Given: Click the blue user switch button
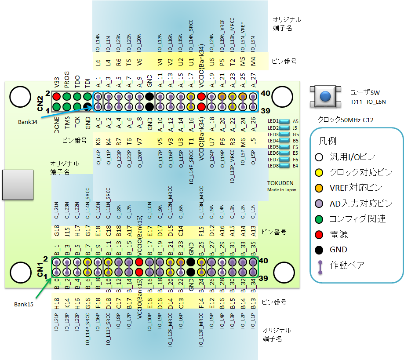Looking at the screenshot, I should click(x=325, y=96).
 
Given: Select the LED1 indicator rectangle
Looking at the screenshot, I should click(x=285, y=121).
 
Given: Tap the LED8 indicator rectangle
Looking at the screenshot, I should click(x=285, y=166).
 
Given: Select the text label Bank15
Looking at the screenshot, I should click(x=24, y=304).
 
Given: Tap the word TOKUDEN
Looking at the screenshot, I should click(x=280, y=183).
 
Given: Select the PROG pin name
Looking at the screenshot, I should click(x=67, y=79).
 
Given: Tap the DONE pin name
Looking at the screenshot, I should click(x=56, y=125).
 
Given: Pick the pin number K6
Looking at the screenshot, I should click(x=98, y=142).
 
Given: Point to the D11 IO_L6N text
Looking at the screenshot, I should click(x=368, y=102).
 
